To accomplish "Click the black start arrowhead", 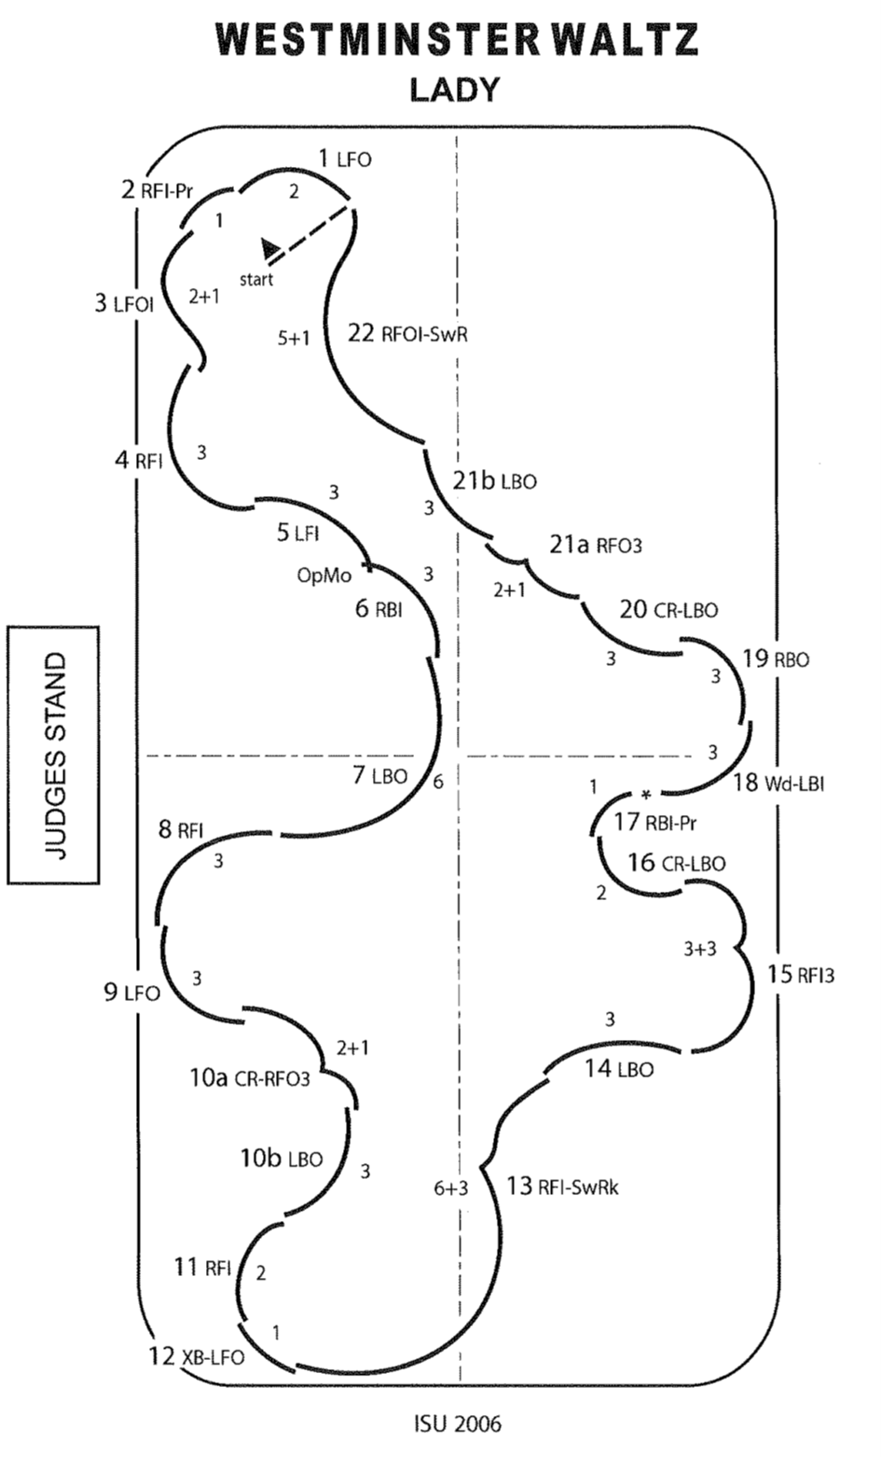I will pos(270,248).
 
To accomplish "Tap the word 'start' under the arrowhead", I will pos(256,279).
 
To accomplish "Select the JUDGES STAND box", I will pos(54,755).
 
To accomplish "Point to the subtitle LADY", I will pos(455,90).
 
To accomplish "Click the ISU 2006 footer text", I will pos(457,1423).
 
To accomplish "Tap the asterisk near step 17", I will pos(645,795).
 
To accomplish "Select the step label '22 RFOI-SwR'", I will pos(406,334).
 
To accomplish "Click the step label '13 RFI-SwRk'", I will pos(562,1187).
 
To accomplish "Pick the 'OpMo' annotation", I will pos(324,576).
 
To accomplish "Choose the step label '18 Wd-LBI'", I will pos(778,783).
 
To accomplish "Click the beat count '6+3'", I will pos(451,1188).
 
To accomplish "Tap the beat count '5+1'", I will pos(294,340).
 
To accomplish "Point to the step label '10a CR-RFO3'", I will pos(249,1078).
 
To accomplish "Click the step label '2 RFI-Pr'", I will pos(157,192).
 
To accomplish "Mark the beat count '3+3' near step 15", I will pos(700,949).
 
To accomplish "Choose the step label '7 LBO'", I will pos(379,775).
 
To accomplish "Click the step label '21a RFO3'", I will pos(596,544).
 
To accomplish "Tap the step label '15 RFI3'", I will pos(801,976).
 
